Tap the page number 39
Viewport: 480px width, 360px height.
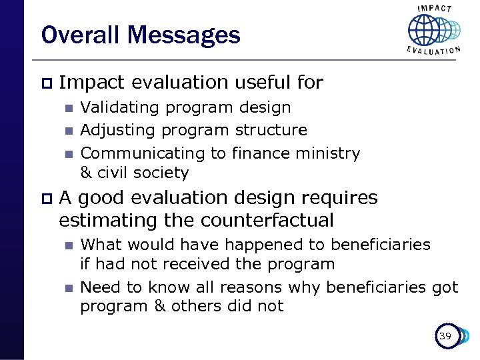445,337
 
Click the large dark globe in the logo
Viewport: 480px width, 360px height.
425,30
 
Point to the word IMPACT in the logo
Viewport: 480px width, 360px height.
434,9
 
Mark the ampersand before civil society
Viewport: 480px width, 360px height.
86,173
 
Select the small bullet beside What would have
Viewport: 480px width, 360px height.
67,245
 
